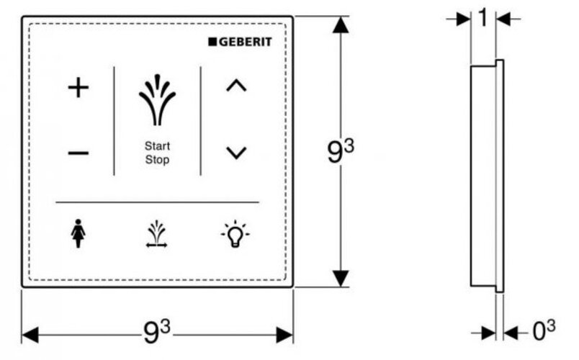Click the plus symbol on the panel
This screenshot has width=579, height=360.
(x=78, y=89)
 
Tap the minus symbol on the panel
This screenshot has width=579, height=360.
(x=78, y=153)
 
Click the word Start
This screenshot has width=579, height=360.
(x=157, y=146)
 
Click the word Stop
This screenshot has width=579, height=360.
(x=157, y=160)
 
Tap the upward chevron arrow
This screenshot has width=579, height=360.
(x=236, y=86)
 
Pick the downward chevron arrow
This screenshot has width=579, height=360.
(x=236, y=153)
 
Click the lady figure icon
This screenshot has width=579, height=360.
(x=78, y=235)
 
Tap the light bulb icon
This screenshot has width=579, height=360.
(x=235, y=234)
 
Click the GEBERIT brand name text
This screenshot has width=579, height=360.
(x=245, y=41)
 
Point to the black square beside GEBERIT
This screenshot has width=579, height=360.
(x=212, y=41)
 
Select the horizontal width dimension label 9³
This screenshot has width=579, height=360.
(x=158, y=332)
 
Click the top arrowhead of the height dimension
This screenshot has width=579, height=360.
(x=341, y=24)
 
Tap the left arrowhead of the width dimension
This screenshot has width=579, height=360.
(x=30, y=334)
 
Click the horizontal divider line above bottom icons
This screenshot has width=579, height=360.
(x=157, y=202)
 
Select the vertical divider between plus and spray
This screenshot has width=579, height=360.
(x=114, y=120)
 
